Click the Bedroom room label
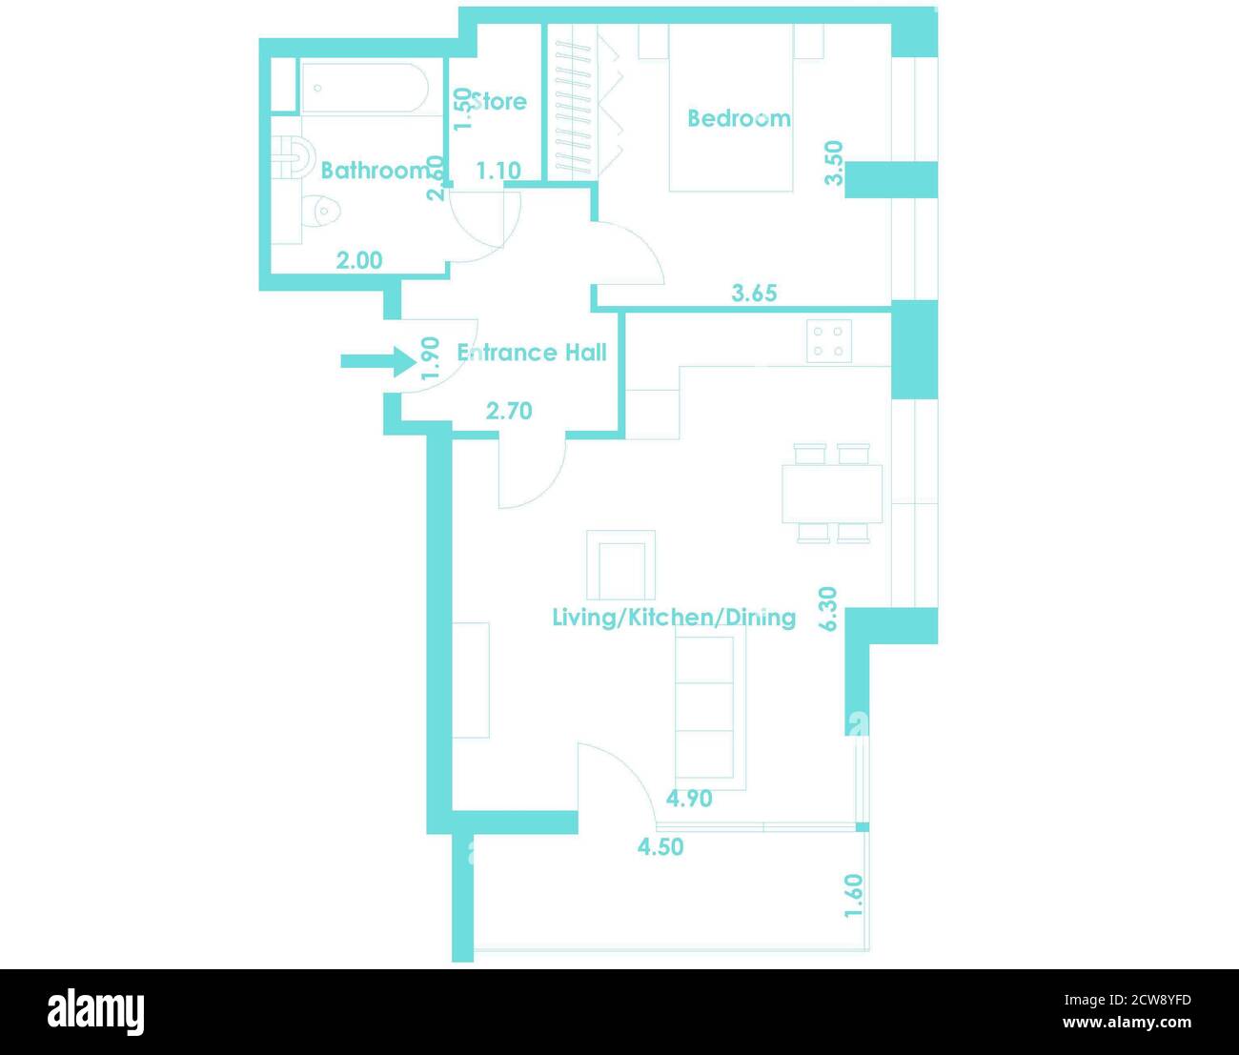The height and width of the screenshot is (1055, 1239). tap(739, 118)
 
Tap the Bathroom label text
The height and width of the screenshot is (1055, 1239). tap(376, 171)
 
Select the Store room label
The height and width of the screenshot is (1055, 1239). tap(498, 101)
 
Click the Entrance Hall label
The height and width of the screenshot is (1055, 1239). tap(532, 353)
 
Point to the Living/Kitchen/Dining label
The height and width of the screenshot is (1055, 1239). tap(674, 617)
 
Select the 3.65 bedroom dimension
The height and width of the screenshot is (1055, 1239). tap(754, 294)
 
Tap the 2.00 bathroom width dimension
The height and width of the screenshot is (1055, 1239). tap(359, 260)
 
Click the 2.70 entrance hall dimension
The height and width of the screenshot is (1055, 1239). tap(509, 412)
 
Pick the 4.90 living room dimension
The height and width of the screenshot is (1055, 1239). tap(689, 799)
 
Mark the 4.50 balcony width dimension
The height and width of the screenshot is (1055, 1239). tap(660, 846)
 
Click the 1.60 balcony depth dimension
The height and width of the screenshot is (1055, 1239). tap(854, 896)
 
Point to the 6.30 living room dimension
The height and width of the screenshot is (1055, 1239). tap(828, 609)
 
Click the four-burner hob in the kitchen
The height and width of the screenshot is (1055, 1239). tap(829, 341)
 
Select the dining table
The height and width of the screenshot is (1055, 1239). tap(832, 494)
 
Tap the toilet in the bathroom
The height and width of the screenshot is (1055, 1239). tap(321, 211)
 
